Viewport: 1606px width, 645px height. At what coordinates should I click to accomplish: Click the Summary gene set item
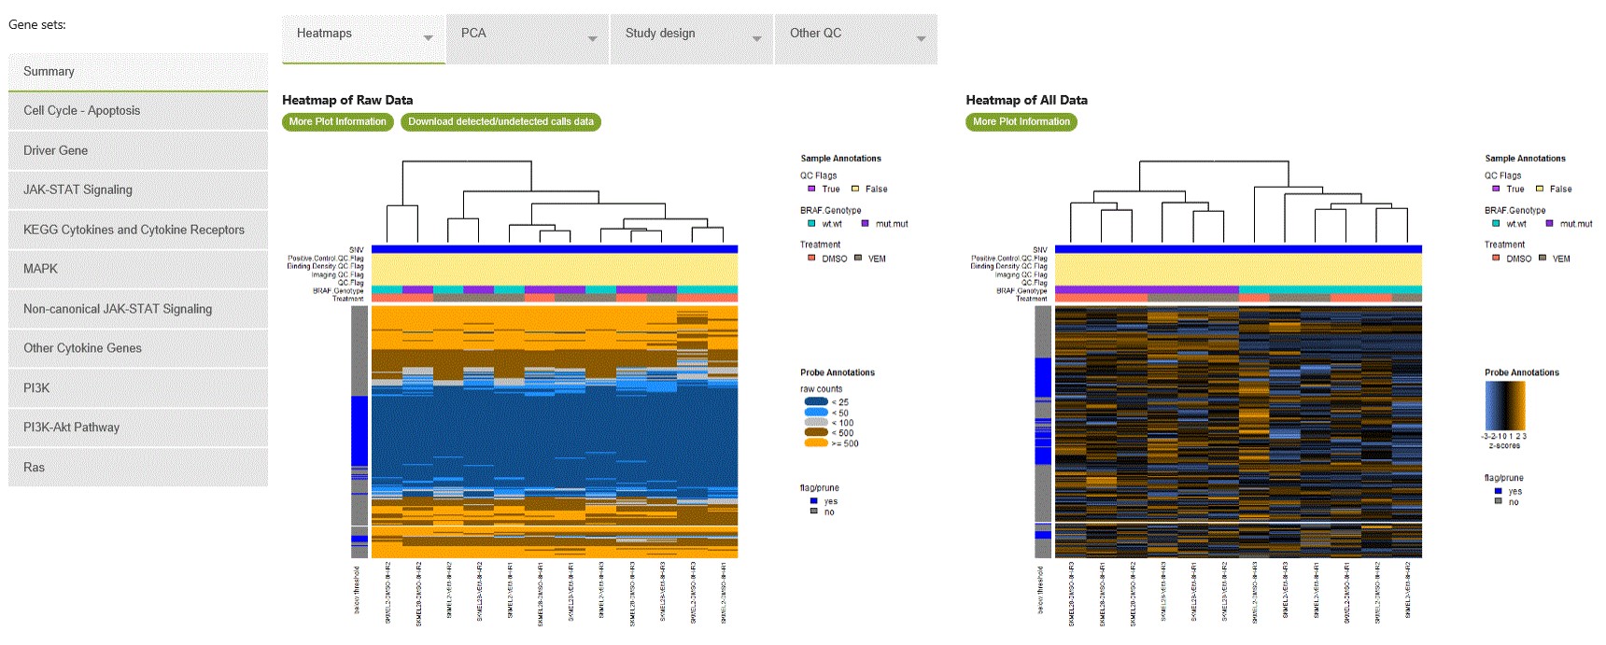pyautogui.click(x=137, y=72)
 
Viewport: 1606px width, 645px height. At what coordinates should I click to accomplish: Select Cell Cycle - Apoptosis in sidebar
pyautogui.click(x=137, y=111)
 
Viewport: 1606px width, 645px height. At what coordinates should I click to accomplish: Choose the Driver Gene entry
pyautogui.click(x=137, y=150)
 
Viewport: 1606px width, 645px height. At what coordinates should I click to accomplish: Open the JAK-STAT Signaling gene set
pyautogui.click(x=137, y=190)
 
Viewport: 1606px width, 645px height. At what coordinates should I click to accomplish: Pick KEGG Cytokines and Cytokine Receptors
pyautogui.click(x=137, y=230)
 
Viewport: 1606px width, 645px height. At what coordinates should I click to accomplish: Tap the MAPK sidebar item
pyautogui.click(x=137, y=269)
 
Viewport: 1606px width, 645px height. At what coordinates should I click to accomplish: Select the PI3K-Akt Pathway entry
pyautogui.click(x=137, y=428)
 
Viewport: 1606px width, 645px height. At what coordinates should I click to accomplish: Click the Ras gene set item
pyautogui.click(x=137, y=468)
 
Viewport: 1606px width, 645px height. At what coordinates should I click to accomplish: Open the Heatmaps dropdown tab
pyautogui.click(x=363, y=38)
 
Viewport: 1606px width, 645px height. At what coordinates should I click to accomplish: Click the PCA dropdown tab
pyautogui.click(x=528, y=38)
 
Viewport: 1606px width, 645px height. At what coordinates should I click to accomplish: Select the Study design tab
pyautogui.click(x=692, y=38)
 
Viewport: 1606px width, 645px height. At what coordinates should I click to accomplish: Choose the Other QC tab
pyautogui.click(x=855, y=38)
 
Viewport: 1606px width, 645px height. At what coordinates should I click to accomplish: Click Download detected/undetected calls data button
pyautogui.click(x=500, y=122)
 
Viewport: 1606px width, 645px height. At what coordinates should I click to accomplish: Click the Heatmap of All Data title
pyautogui.click(x=1026, y=100)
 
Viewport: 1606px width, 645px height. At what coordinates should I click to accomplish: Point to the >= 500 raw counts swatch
pyautogui.click(x=815, y=443)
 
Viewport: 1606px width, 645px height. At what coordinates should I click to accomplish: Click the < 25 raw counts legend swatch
pyautogui.click(x=815, y=402)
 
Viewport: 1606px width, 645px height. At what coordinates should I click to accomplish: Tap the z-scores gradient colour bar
pyautogui.click(x=1504, y=405)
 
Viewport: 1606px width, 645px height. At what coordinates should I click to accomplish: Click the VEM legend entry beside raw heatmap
pyautogui.click(x=870, y=259)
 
